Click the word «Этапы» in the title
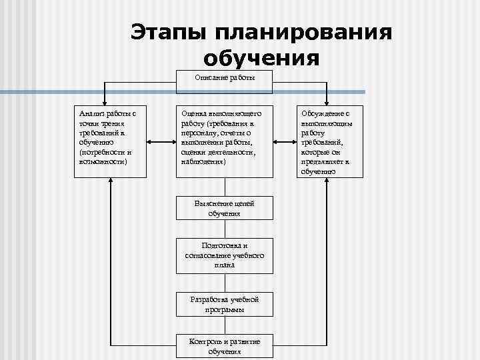(169, 33)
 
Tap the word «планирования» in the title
(301, 33)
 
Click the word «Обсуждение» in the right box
(322, 115)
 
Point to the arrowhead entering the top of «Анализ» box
(104, 101)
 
